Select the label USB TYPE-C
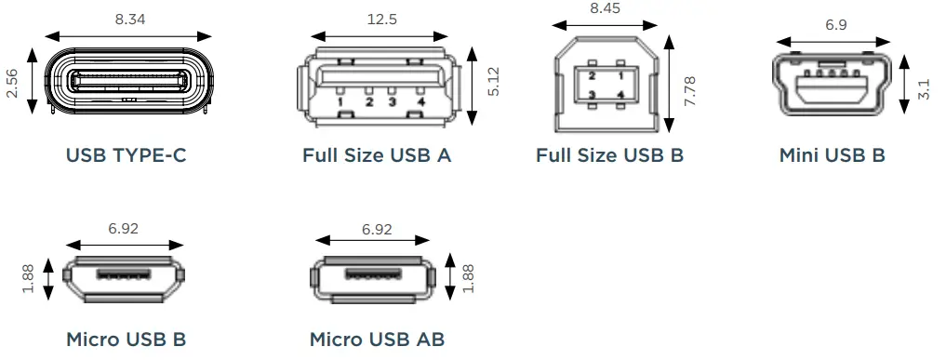tap(126, 155)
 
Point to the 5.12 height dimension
tap(493, 81)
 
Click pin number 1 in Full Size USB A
tap(341, 101)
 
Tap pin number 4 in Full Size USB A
tap(421, 101)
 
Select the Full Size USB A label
tap(377, 155)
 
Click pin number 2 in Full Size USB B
tap(592, 74)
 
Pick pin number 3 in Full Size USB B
tap(592, 95)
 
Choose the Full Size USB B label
tap(609, 155)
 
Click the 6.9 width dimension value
tap(836, 25)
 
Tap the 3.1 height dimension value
tap(923, 89)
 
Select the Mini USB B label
tap(832, 155)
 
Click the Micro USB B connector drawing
tap(124, 278)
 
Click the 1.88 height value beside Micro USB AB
tap(468, 276)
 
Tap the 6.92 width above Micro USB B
tap(126, 228)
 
